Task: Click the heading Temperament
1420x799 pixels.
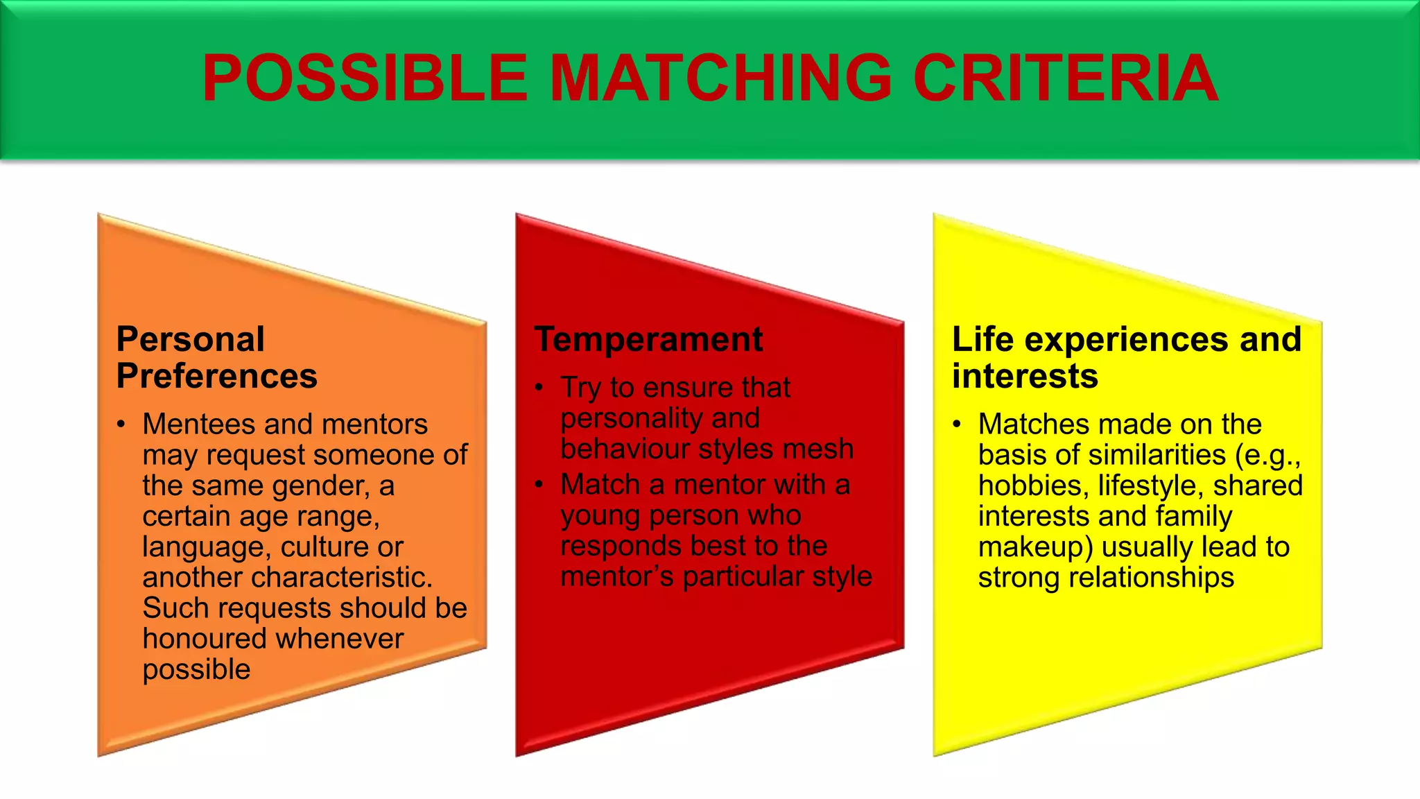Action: tap(648, 340)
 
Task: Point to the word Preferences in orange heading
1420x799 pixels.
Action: tap(216, 377)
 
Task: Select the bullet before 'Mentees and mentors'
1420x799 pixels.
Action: tap(121, 424)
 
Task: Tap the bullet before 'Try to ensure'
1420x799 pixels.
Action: tap(539, 388)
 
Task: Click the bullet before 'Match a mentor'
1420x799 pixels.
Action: tap(539, 485)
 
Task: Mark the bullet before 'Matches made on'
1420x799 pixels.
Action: tap(958, 424)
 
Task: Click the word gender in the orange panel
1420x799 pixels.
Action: tap(321, 486)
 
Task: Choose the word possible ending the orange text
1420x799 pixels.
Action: tap(196, 670)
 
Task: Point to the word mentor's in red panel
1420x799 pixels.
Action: tap(616, 577)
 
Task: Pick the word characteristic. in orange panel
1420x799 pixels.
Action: tap(287, 578)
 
